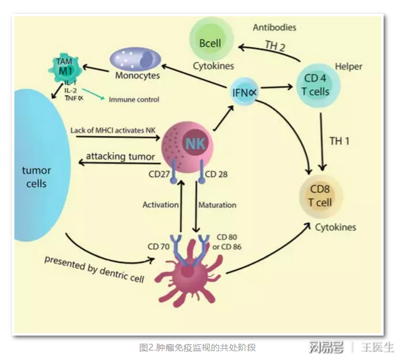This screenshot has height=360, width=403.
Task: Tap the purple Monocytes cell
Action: click(136, 61)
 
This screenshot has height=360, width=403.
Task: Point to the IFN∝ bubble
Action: click(245, 91)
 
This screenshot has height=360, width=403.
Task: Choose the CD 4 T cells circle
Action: click(321, 86)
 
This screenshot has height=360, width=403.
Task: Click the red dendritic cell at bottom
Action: click(188, 272)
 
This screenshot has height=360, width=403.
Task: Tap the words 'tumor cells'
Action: click(36, 177)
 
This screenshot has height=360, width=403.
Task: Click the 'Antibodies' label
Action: click(275, 28)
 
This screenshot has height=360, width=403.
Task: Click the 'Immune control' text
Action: click(134, 100)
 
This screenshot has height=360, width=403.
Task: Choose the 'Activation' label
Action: click(161, 205)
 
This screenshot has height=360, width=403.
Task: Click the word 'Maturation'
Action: click(217, 205)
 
